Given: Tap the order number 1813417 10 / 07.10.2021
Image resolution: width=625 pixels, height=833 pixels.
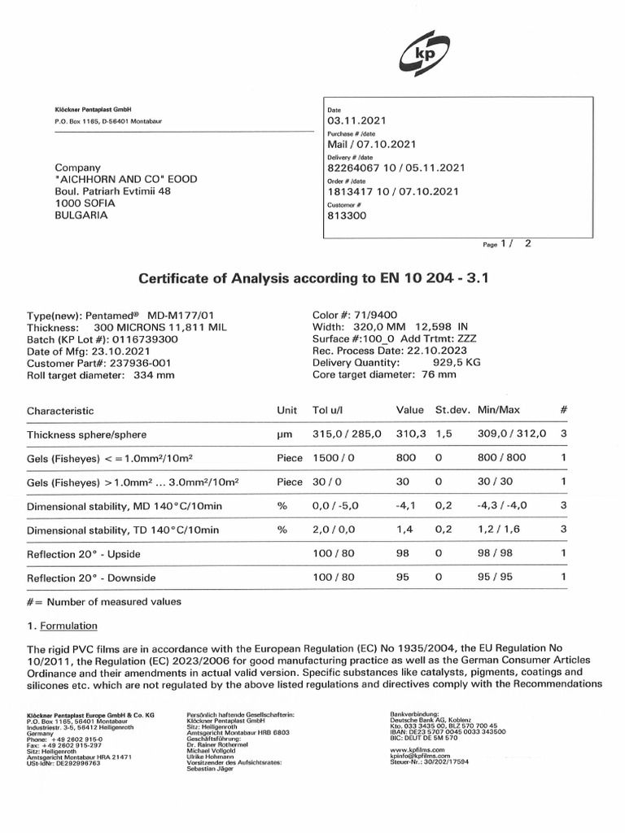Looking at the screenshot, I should pos(393,192).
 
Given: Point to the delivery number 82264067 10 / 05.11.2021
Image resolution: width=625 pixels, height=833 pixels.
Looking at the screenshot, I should pos(395,168).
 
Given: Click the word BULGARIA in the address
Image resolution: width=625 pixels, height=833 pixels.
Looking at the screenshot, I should pos(81,216).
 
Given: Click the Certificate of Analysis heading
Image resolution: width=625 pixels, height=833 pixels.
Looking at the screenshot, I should pos(312,279).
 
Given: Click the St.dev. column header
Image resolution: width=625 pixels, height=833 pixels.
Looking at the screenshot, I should pos(451,411).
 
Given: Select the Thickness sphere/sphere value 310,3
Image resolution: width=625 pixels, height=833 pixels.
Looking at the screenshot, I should pos(410,434).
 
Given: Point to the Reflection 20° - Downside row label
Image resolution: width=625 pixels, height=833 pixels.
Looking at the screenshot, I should pos(91,578).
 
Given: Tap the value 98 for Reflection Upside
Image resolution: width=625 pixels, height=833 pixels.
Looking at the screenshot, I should pos(403,554).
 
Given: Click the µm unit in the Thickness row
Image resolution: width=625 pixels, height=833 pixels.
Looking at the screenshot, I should pos(284,435).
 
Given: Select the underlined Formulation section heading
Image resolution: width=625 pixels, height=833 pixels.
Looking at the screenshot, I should pos(68,626).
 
